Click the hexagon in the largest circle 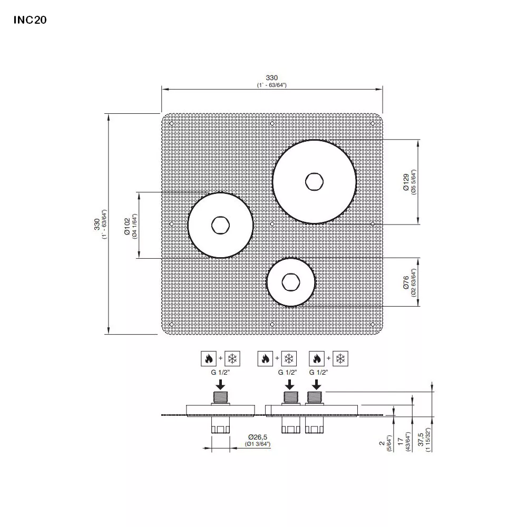tap(314, 181)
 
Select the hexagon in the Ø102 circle tap(220, 225)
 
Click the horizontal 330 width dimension tap(272, 78)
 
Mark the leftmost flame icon tap(208, 359)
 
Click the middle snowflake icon tap(288, 359)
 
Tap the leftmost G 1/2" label tap(220, 372)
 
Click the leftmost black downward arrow tap(220, 383)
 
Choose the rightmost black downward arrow tap(315, 383)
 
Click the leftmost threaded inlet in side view tap(220, 397)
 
